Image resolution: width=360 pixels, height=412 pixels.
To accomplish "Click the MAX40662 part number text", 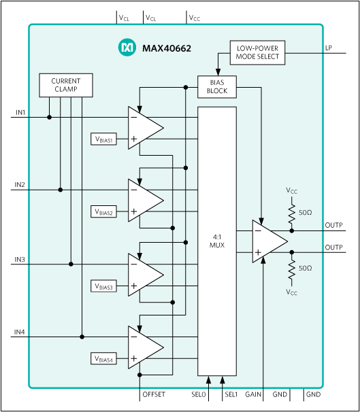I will click(x=167, y=48).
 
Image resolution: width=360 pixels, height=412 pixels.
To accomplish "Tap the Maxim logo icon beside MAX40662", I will click(x=127, y=48).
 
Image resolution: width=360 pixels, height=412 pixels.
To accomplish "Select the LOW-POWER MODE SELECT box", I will click(x=257, y=53).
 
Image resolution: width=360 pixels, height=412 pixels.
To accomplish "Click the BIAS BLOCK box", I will click(x=217, y=86).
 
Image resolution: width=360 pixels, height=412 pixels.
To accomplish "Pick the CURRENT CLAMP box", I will click(x=65, y=85).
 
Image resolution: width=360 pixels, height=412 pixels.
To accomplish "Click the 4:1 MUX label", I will click(x=217, y=241).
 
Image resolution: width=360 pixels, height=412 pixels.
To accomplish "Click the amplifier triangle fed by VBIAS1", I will click(x=144, y=128).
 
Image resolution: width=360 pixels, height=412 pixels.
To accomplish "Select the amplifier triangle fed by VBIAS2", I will click(x=144, y=201).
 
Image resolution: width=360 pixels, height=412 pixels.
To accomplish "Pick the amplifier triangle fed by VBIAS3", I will click(x=144, y=274).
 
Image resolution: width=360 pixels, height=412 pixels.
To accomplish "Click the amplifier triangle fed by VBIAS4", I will click(x=144, y=347).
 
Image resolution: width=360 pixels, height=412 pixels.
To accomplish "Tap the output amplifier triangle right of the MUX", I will click(x=267, y=241).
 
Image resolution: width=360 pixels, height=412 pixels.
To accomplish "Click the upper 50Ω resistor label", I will click(x=306, y=212).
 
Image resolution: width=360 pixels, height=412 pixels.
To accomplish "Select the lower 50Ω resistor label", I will click(x=306, y=269).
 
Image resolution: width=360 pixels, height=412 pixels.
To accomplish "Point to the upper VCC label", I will click(x=291, y=192).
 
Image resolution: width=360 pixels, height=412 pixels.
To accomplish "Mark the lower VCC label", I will click(x=291, y=292).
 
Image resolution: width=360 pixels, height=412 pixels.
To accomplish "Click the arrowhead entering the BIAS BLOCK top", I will click(x=217, y=73).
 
